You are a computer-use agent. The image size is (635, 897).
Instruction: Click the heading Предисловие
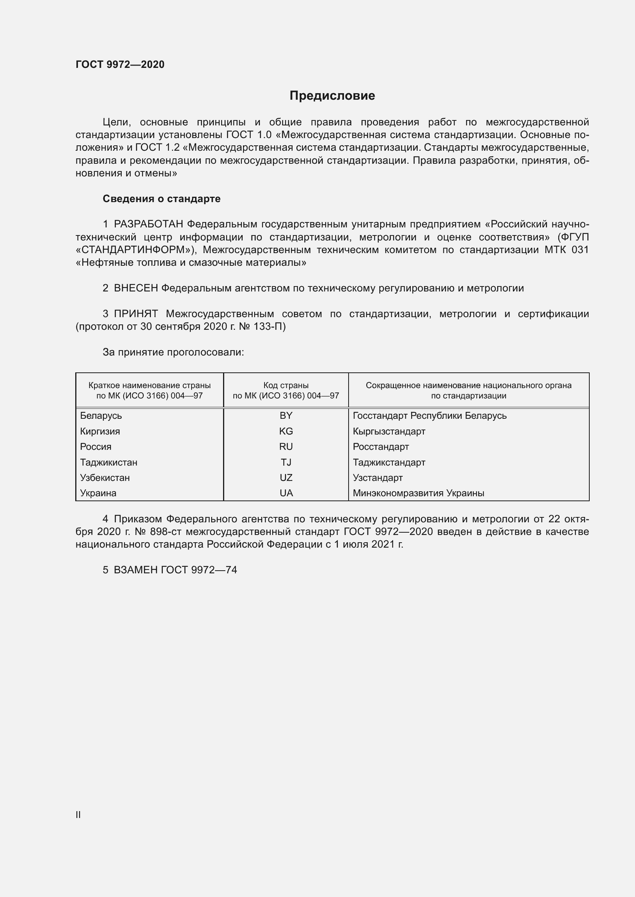point(332,96)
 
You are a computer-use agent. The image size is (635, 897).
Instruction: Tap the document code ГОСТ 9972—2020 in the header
point(120,64)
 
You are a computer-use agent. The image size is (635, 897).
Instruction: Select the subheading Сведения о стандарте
point(162,199)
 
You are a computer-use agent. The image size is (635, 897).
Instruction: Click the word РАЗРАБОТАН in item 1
point(148,224)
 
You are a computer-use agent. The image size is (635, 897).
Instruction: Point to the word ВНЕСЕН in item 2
point(136,288)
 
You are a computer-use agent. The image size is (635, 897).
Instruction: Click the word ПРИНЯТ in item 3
point(136,314)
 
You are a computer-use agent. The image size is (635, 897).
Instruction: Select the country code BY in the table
point(286,416)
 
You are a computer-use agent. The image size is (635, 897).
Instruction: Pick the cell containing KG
point(286,431)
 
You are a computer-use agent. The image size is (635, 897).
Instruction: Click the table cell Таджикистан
point(109,462)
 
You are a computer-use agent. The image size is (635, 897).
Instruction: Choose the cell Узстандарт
point(377,478)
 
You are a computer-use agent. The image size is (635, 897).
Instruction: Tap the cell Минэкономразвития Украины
point(418,494)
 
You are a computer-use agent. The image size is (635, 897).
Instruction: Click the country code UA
point(286,494)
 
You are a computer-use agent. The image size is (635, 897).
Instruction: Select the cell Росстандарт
point(380,447)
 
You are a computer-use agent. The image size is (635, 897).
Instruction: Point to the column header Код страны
point(286,385)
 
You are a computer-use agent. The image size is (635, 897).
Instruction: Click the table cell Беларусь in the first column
point(101,416)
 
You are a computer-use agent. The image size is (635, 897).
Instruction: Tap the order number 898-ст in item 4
point(166,532)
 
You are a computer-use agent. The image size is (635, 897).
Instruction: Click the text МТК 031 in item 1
point(566,250)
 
